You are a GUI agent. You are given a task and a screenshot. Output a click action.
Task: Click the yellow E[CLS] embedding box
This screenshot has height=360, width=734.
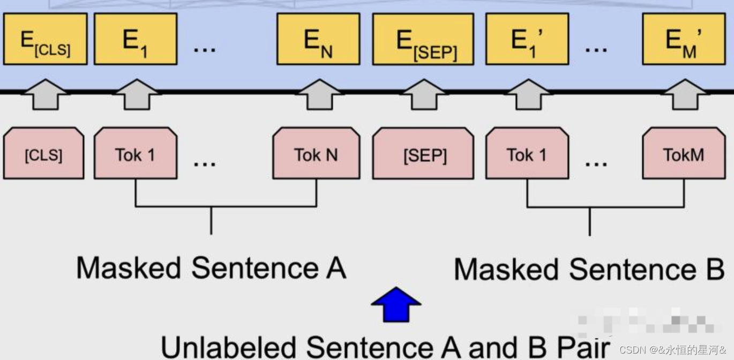pos(45,39)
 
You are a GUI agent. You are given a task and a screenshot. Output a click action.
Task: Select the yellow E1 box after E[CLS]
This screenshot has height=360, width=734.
pos(136,39)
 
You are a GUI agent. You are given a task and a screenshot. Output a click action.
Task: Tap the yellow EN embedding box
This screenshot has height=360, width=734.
pos(318,39)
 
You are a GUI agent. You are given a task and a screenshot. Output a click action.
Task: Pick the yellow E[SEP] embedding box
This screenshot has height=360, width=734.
pos(423,39)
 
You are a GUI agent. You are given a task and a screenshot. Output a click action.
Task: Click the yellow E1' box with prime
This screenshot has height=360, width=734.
pos(527,39)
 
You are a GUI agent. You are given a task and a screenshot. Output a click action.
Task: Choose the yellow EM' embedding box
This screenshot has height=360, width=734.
pos(684,39)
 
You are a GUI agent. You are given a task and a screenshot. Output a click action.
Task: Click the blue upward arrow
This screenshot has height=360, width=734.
pos(396,304)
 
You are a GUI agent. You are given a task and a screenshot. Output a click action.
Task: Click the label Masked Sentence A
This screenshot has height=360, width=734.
pos(211,268)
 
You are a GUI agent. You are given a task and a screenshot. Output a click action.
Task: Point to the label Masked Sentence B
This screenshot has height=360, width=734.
pos(589,269)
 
